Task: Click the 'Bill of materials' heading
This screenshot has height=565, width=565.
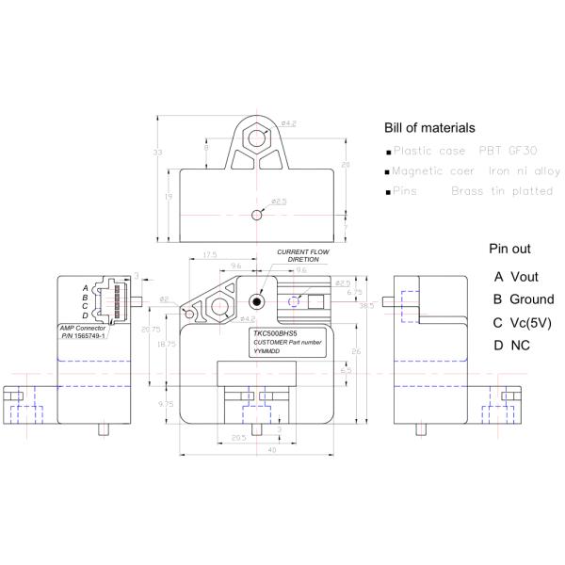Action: [429, 127]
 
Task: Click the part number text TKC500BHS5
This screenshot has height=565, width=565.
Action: [274, 333]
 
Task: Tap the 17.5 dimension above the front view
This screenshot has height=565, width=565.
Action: [209, 254]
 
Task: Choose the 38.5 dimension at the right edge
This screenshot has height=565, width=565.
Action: [366, 305]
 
